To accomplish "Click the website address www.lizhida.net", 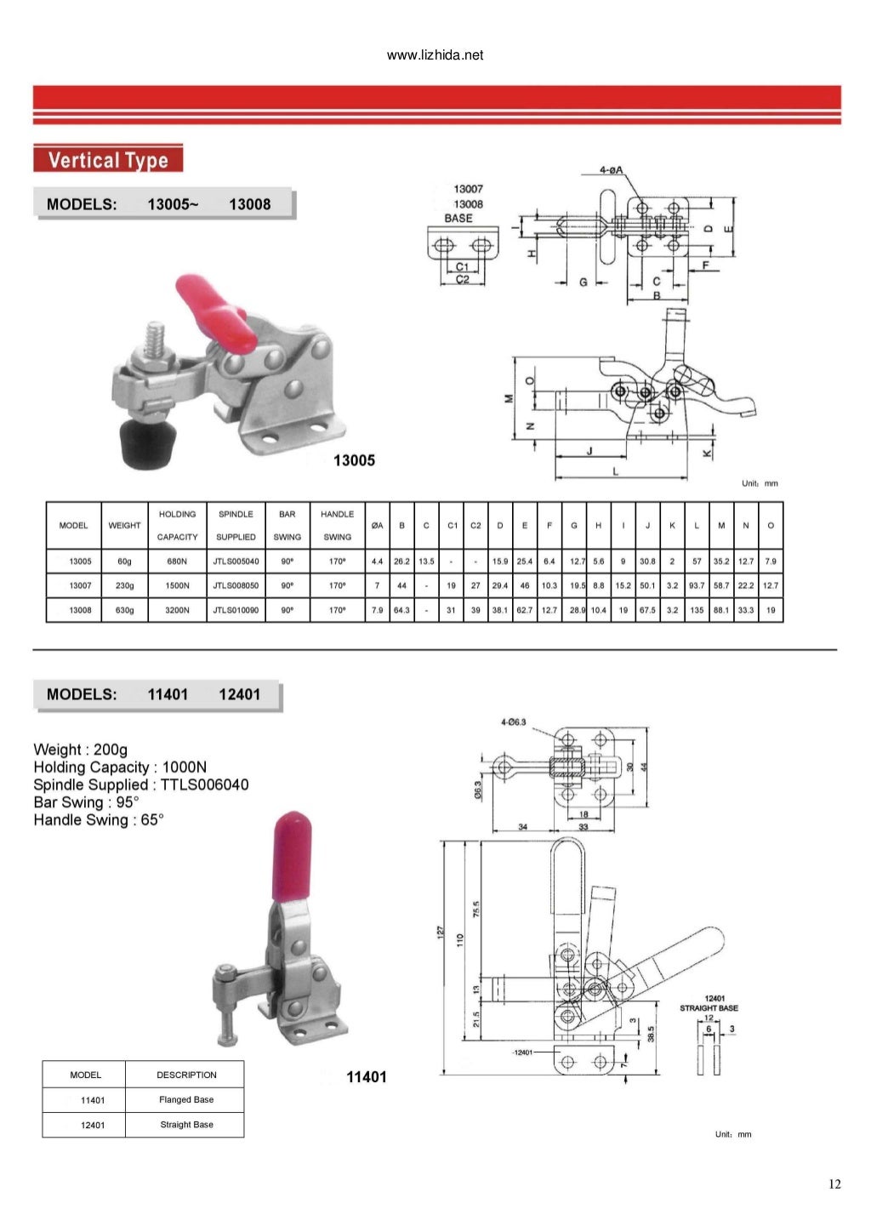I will [435, 55].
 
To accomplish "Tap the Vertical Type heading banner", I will [108, 160].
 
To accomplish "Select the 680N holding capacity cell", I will [177, 562].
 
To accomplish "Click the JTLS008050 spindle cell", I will [236, 586].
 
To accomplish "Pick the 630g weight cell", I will [124, 610].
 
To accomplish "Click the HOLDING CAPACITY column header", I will [177, 526].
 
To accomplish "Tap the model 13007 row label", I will [80, 586].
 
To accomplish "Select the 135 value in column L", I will [697, 610].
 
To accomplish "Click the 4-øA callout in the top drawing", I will [611, 170].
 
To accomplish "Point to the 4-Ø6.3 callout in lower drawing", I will [514, 722].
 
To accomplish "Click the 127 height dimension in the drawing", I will [441, 933].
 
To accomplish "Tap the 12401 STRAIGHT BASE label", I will [709, 1003].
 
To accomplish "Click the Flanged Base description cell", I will [186, 1099].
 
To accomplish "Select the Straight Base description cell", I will [186, 1125].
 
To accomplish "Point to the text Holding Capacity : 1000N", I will [120, 767].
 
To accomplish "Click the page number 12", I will [834, 1184].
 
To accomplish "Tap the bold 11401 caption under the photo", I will [366, 1077].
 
